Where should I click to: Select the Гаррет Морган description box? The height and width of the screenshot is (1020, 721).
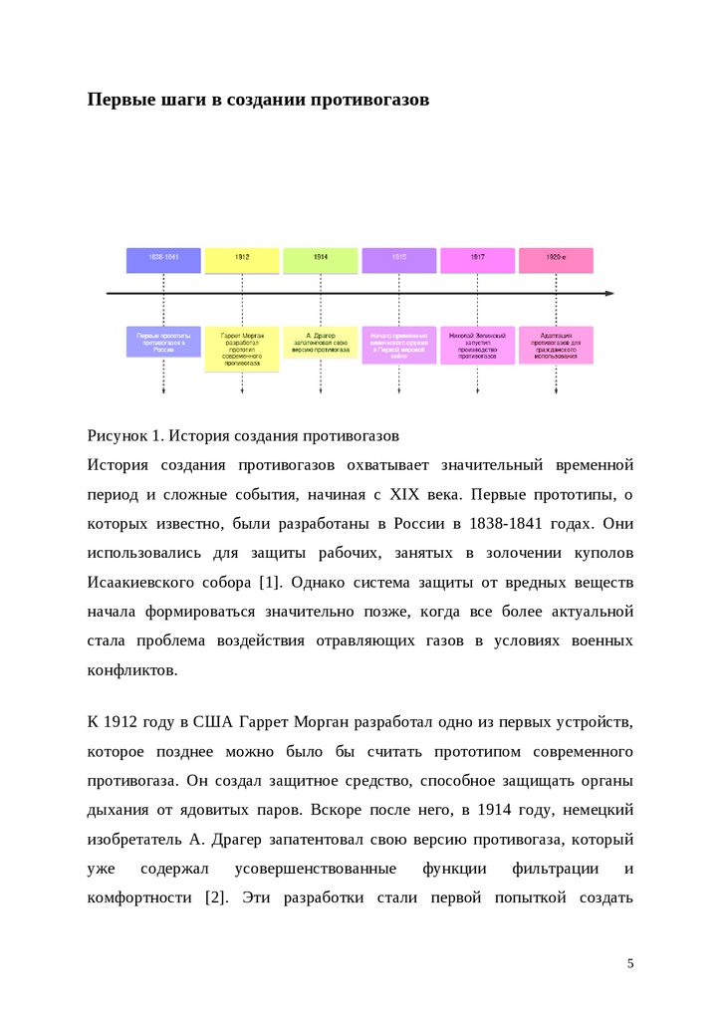242,349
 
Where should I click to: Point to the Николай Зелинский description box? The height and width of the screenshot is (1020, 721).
477,345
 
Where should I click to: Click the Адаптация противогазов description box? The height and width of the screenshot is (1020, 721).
556,344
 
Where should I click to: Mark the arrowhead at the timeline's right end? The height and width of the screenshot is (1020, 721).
609,293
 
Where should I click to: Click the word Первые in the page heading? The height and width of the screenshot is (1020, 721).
120,101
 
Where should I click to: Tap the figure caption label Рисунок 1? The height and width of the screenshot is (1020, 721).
124,435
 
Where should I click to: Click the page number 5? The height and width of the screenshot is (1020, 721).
629,963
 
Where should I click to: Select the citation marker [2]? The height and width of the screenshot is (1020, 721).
215,897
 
